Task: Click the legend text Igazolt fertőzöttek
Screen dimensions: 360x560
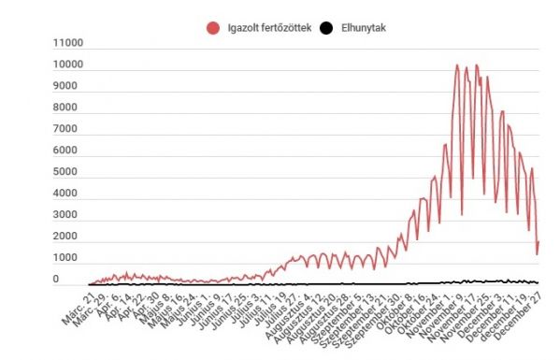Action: coord(270,28)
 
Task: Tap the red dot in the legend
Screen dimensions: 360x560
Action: coord(212,28)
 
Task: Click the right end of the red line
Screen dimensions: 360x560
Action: coord(538,242)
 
